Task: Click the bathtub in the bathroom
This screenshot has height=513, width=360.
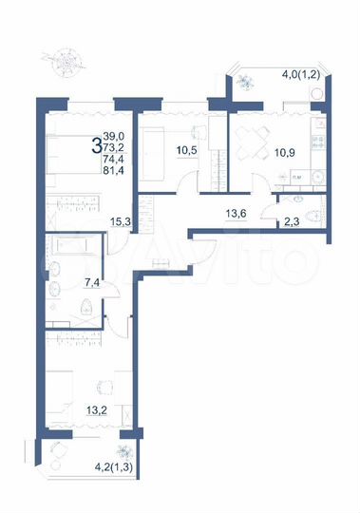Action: pos(73,251)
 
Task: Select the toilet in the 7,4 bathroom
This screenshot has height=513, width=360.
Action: pos(86,306)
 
